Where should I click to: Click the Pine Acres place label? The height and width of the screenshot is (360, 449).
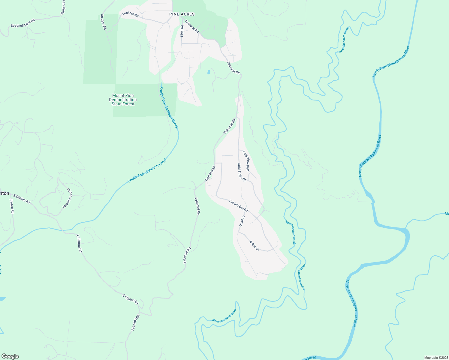coord(182,14)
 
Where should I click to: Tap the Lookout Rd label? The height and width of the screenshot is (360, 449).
coord(130,15)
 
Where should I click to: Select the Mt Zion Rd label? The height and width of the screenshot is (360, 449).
coord(104,22)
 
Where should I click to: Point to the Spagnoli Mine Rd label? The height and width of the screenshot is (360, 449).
coord(23,23)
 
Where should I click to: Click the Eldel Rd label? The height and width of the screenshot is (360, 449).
coord(182,31)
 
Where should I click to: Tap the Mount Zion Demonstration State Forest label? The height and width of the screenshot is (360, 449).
coord(123,100)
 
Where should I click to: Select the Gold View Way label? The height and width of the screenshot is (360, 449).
coord(246,161)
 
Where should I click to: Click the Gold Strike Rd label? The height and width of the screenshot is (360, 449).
coord(242,172)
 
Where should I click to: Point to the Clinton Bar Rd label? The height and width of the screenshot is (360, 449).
coord(239,206)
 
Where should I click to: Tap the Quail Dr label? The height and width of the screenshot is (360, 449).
coord(242,221)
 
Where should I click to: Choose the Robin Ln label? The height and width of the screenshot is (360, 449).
coord(254,245)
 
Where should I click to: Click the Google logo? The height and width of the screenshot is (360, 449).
coord(10,356)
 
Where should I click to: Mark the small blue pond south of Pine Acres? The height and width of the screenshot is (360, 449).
coord(209,72)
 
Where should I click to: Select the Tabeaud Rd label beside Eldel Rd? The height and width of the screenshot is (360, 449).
coord(192,26)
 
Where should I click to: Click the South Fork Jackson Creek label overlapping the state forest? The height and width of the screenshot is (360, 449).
coord(169,107)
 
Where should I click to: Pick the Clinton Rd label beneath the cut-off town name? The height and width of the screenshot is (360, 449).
coord(12,206)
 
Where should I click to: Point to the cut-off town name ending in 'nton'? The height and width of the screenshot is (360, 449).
coord(5,193)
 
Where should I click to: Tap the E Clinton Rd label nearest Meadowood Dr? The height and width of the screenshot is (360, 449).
coord(22,199)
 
